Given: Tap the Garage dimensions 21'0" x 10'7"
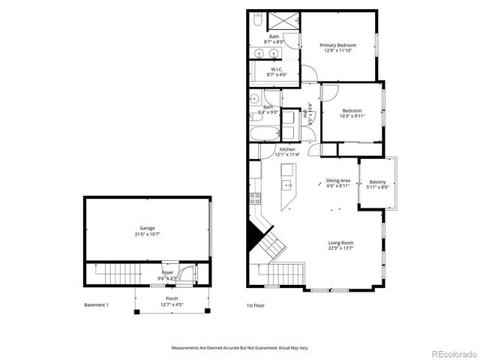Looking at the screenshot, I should [146, 234].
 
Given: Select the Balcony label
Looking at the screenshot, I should [377, 182].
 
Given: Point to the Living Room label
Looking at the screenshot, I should [340, 242].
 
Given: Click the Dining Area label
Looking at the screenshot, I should [337, 180].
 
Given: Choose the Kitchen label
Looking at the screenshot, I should [287, 149].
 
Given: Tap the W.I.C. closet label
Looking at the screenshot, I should [276, 70].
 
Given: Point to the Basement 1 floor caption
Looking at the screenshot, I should [97, 305].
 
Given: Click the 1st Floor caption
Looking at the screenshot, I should [256, 305].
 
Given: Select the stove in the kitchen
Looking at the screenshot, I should [255, 199].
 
